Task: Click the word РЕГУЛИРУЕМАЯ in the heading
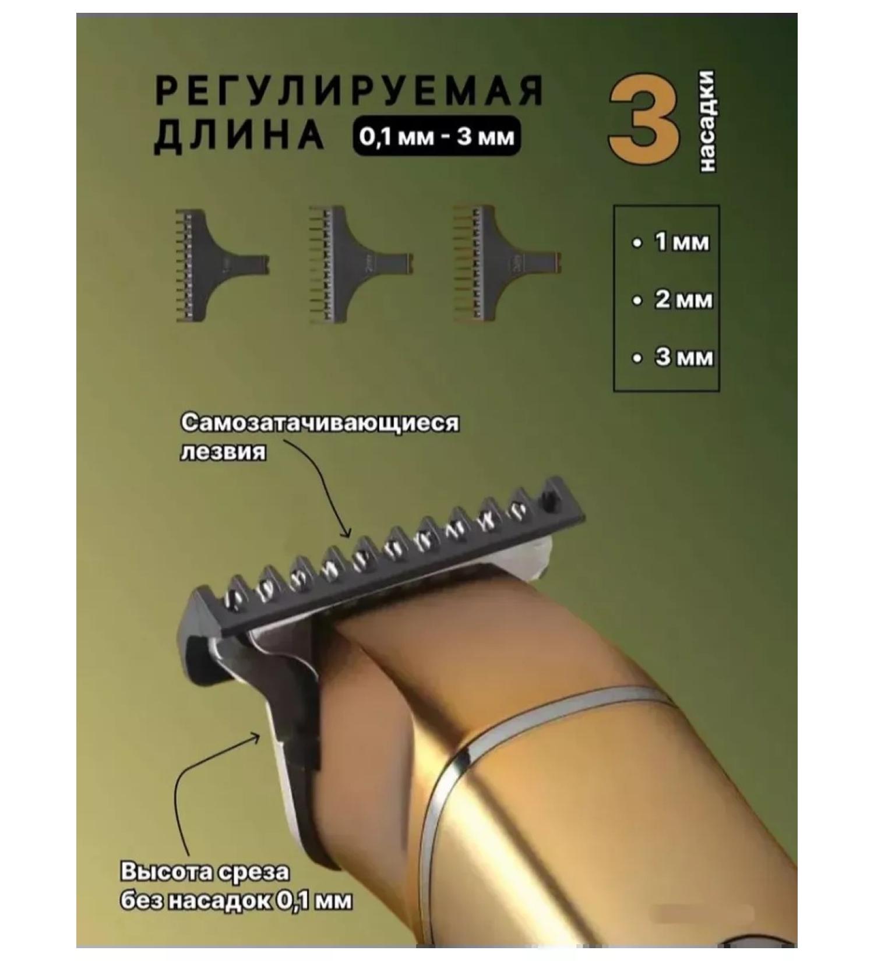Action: point(350,91)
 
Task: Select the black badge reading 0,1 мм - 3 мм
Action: point(436,137)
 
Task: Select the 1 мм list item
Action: point(682,242)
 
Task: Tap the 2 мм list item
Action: point(683,300)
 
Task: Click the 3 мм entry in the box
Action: point(683,357)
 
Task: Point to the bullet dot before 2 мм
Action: point(637,301)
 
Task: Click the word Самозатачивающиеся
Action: point(319,423)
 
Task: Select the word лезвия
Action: point(223,453)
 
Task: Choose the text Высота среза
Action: point(205,872)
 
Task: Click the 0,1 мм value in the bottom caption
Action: point(313,901)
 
